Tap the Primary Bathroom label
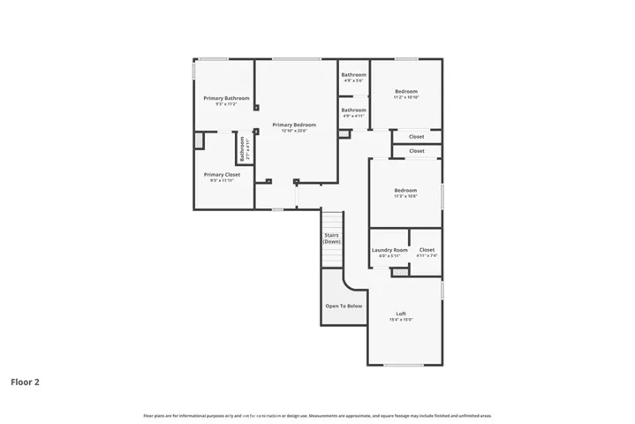pos(226,98)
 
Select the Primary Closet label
pos(222,175)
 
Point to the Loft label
pos(401,313)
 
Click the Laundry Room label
pos(389,250)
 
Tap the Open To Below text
pos(344,306)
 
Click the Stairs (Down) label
pos(332,238)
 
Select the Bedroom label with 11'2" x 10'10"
pos(405,91)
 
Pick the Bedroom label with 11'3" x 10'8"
pos(405,191)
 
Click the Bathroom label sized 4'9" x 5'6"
pos(354,75)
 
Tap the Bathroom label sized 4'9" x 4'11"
pos(354,110)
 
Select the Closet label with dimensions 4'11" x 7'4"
pos(427,250)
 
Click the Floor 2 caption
pos(25,382)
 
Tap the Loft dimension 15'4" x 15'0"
pos(401,319)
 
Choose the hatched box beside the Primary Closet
pos(200,140)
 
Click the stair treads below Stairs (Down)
pos(331,256)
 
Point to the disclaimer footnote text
pos(317,415)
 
